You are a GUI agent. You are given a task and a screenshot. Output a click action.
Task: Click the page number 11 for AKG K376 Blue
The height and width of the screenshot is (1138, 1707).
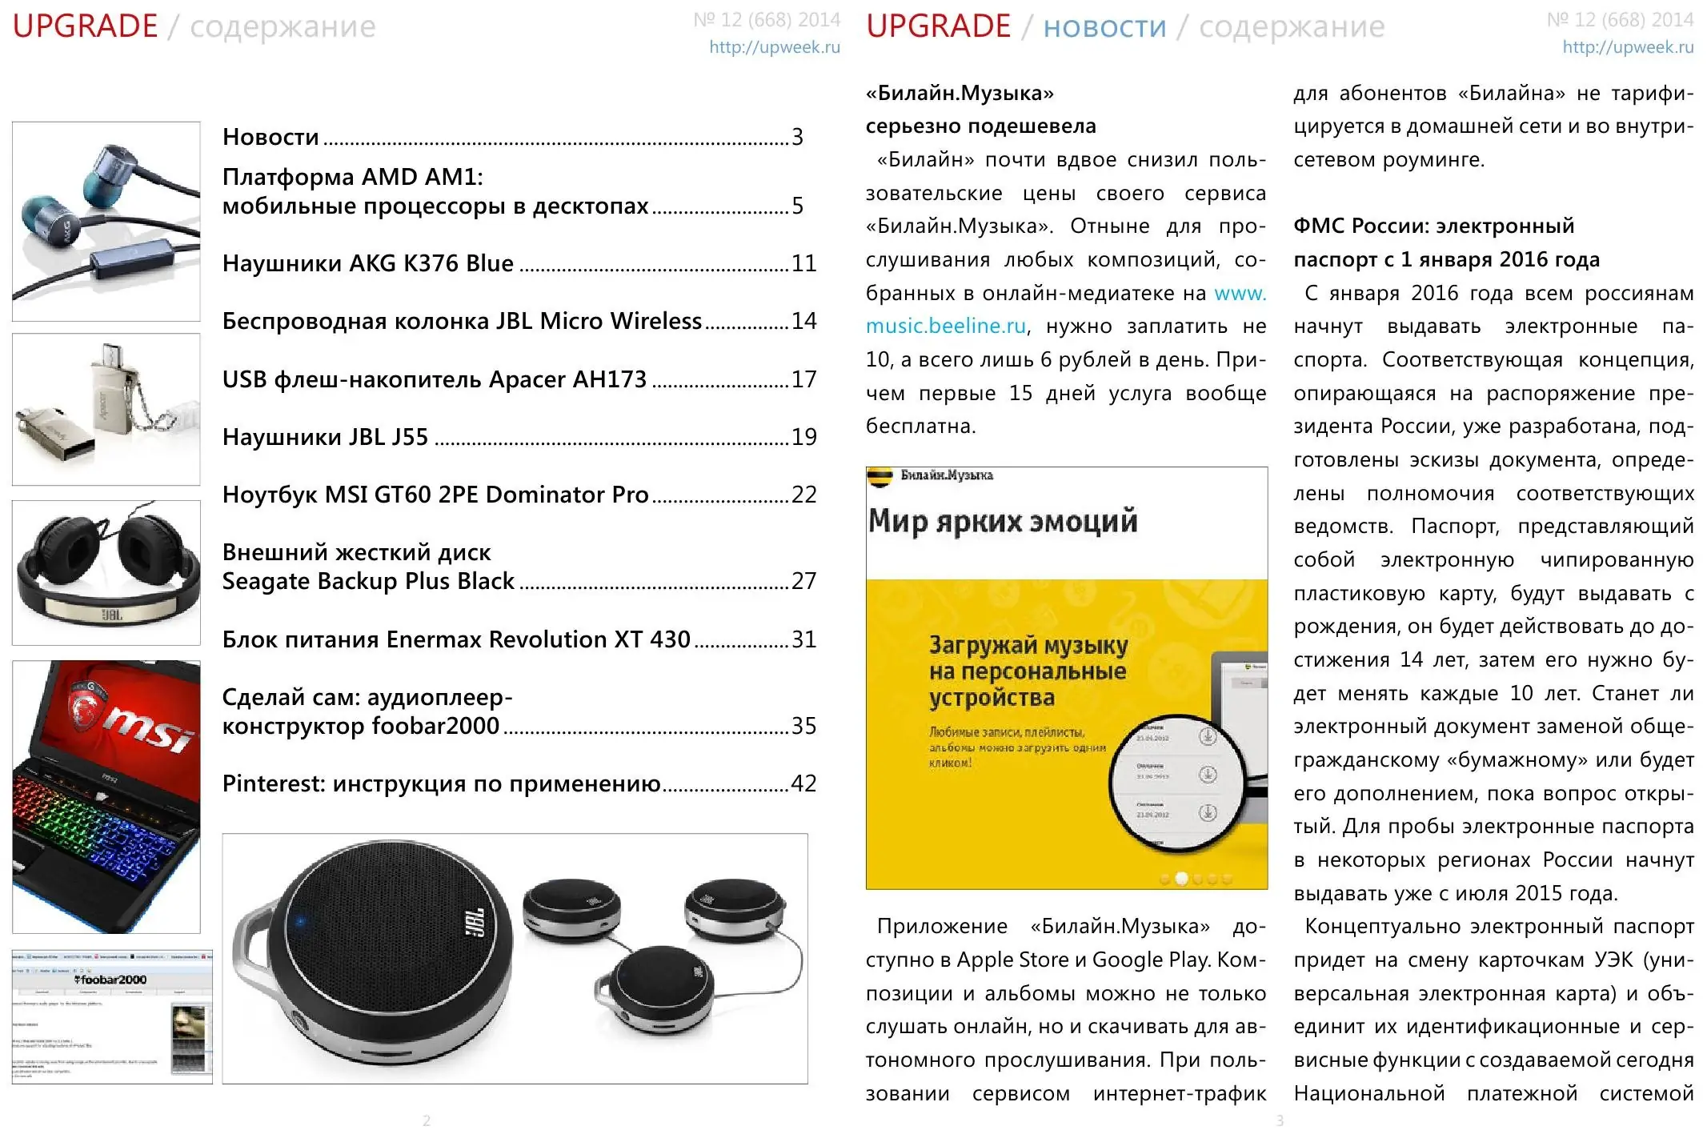pos(803,263)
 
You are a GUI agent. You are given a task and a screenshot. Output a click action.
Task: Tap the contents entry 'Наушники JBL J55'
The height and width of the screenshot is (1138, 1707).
pos(325,437)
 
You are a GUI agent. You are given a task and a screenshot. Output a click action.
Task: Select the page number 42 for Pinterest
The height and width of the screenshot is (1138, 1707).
pos(803,783)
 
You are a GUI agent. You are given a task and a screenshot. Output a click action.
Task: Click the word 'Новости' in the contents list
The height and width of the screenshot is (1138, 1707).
pos(270,137)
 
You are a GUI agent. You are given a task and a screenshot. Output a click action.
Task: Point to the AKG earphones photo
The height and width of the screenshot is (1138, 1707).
pos(106,221)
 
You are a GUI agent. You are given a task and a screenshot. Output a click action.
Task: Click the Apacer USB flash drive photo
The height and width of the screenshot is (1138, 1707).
pos(106,409)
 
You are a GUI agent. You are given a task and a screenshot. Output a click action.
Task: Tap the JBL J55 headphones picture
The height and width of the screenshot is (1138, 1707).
pos(106,572)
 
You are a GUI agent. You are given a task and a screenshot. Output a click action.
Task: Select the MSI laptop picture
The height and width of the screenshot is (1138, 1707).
pos(106,796)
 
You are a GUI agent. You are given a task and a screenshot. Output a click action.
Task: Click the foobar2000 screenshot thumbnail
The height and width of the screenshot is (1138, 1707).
pos(112,1016)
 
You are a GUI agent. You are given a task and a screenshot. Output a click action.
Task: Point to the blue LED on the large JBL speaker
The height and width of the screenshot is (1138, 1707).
pos(301,922)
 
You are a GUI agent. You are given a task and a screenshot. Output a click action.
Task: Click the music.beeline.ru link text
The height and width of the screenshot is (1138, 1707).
pos(945,327)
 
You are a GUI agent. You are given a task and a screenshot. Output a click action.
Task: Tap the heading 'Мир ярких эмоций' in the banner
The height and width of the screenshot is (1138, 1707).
pos(1002,521)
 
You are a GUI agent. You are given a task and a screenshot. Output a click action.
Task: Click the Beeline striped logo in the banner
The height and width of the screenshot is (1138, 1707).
pos(880,477)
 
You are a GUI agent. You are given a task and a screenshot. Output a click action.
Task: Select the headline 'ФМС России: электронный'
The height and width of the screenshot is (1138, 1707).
pos(1433,226)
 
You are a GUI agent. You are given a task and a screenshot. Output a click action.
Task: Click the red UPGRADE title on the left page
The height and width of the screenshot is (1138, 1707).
pos(85,26)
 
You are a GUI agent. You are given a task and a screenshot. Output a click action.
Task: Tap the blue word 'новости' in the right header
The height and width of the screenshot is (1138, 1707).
pos(1104,27)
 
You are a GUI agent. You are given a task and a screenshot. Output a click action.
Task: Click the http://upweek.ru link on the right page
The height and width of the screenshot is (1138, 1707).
pos(1628,47)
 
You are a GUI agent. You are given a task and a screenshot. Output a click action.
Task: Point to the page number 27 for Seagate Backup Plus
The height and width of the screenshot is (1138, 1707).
pos(803,581)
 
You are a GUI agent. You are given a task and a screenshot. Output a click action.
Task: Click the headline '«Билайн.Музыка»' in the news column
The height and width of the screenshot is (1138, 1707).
pos(960,94)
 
